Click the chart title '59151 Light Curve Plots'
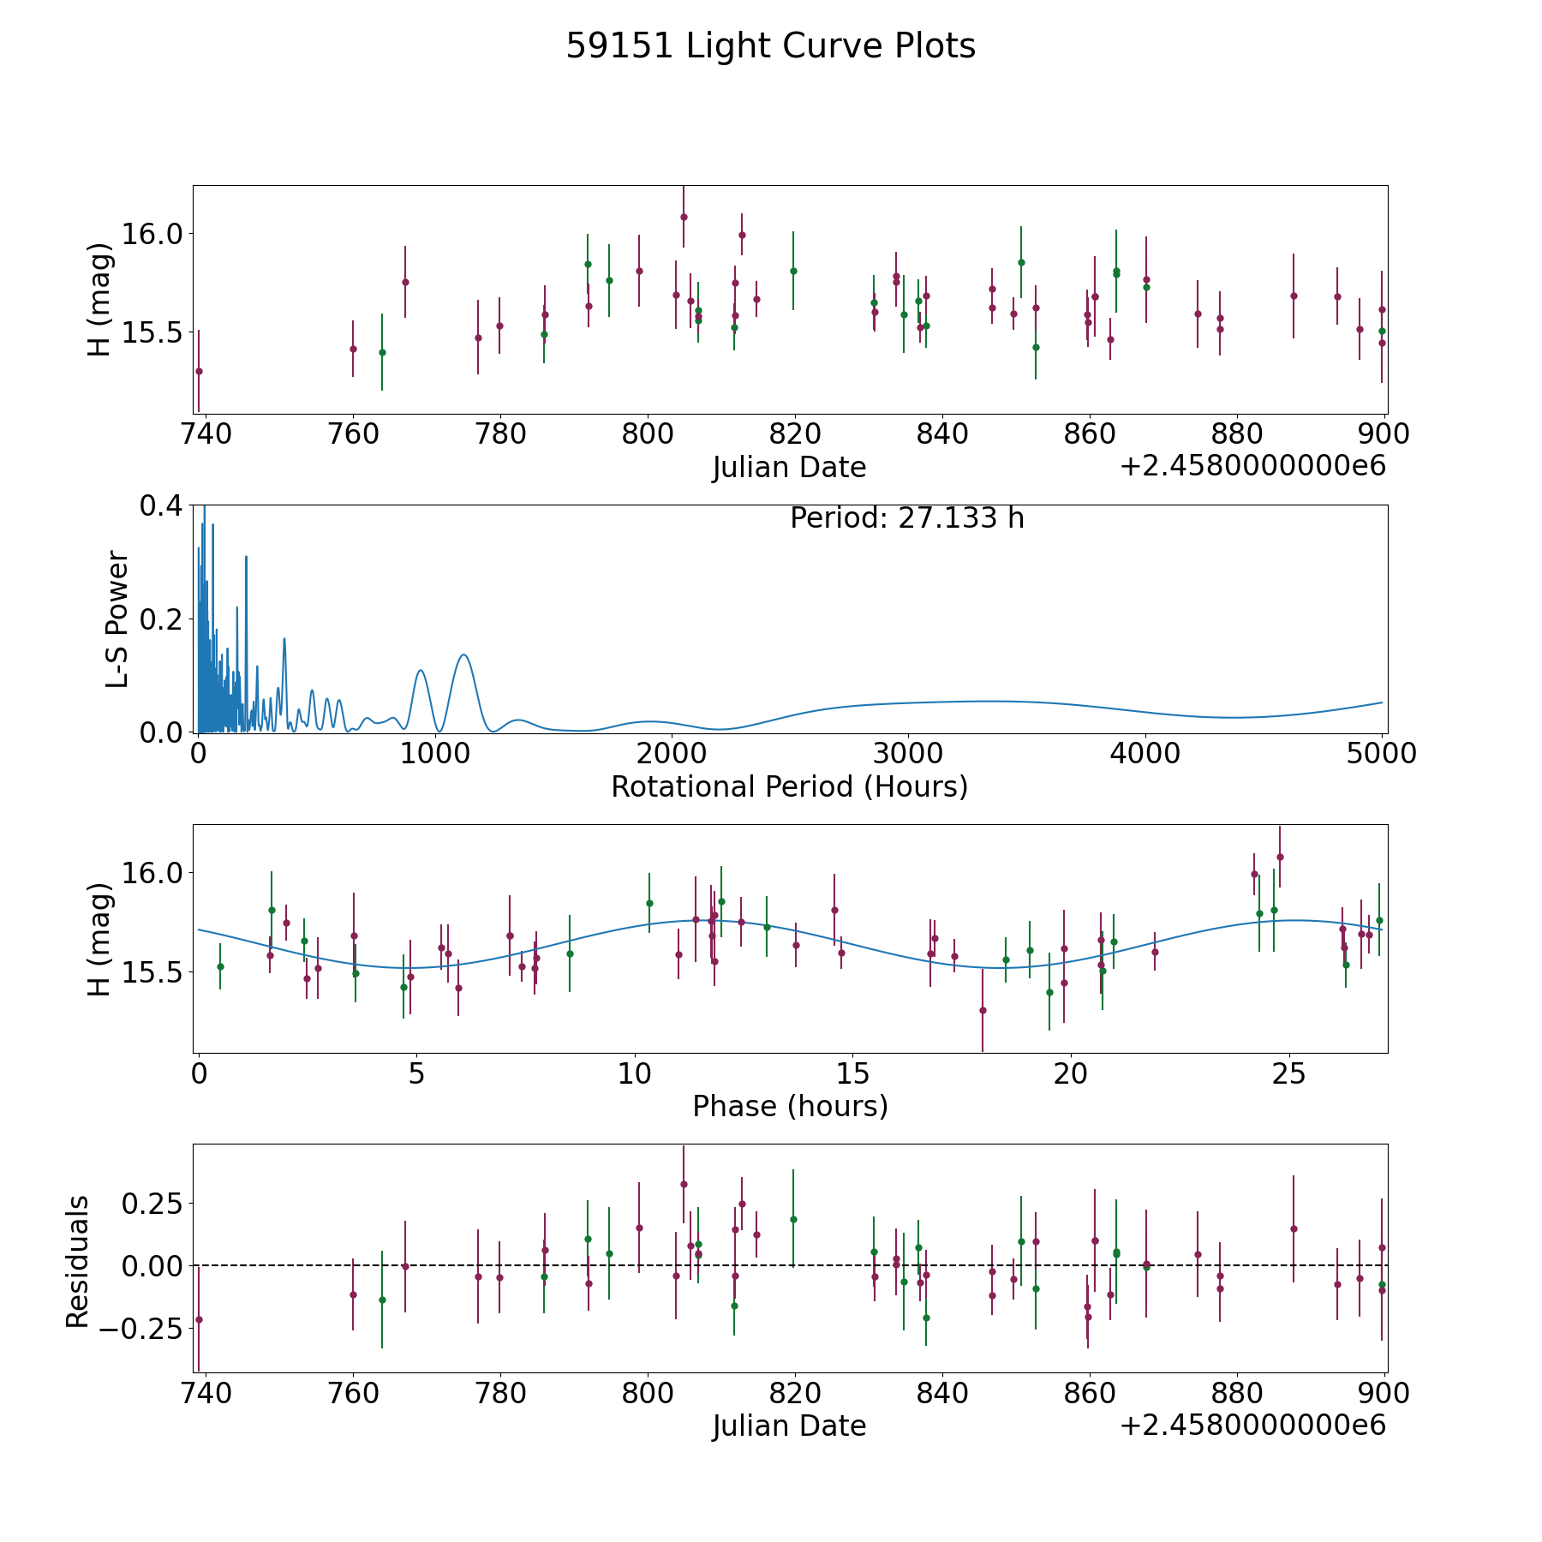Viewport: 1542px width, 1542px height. click(770, 46)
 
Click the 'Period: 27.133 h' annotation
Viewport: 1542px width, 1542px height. click(907, 518)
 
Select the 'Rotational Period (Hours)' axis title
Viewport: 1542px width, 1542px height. click(789, 786)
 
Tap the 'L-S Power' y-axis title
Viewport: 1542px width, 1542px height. click(117, 619)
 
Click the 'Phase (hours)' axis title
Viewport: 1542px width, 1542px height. click(790, 1107)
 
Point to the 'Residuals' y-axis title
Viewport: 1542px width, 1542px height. click(77, 1261)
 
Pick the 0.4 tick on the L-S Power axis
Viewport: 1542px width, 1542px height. click(162, 506)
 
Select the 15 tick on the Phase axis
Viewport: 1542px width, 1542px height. click(852, 1073)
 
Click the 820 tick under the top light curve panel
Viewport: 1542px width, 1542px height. click(795, 434)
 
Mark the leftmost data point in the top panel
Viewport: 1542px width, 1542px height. click(199, 371)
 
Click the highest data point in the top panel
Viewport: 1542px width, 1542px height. click(684, 217)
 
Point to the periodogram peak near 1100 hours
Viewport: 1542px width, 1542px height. click(463, 654)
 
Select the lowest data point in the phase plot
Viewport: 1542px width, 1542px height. click(983, 1010)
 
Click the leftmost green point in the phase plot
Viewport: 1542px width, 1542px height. click(220, 966)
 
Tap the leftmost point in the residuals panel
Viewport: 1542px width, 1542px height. click(199, 1319)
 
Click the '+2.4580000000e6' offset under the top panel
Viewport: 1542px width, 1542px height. click(1252, 466)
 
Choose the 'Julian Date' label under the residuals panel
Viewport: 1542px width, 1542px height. click(789, 1425)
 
